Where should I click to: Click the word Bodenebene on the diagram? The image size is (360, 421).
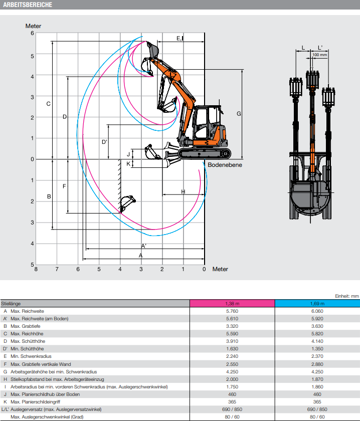(225, 165)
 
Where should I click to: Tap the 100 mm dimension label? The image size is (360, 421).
(319, 55)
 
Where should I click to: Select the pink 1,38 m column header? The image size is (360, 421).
(232, 303)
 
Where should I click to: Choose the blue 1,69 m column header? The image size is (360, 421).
(317, 303)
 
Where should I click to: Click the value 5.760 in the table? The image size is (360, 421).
(232, 311)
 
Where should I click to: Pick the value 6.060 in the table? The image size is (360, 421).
(317, 311)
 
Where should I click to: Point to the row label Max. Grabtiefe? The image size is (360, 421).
(27, 326)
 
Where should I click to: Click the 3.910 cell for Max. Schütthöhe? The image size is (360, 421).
(232, 341)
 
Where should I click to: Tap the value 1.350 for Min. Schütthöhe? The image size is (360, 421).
(317, 349)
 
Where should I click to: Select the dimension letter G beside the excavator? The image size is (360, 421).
(239, 114)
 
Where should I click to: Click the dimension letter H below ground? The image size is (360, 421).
(183, 191)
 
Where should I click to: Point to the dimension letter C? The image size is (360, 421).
(48, 104)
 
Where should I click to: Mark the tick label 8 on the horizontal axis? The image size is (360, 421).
(36, 270)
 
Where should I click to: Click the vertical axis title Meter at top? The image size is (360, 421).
(33, 26)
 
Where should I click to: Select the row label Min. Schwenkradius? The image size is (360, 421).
(31, 356)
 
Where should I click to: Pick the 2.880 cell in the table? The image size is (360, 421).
(317, 364)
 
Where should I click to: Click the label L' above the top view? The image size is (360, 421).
(320, 48)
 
